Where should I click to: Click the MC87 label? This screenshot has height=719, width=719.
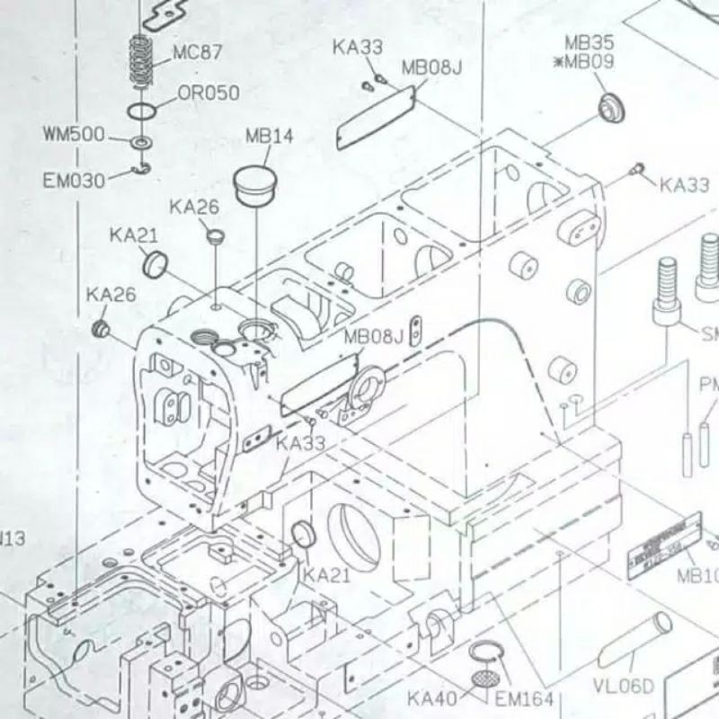coord(198,51)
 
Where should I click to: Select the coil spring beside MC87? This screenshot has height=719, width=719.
coord(139,60)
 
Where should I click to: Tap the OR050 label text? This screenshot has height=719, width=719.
coord(209,92)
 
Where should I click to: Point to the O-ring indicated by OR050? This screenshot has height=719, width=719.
coord(141,111)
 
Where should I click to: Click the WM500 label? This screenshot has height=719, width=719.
coord(73,136)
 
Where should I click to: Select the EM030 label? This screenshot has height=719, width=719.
coord(73,181)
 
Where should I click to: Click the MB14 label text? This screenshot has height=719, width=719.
coord(269,137)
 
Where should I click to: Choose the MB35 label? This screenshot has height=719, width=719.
coord(589,41)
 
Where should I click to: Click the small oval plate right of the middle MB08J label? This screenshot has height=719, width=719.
coord(415,332)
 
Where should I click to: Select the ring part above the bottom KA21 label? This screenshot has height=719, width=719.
coord(304,535)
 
